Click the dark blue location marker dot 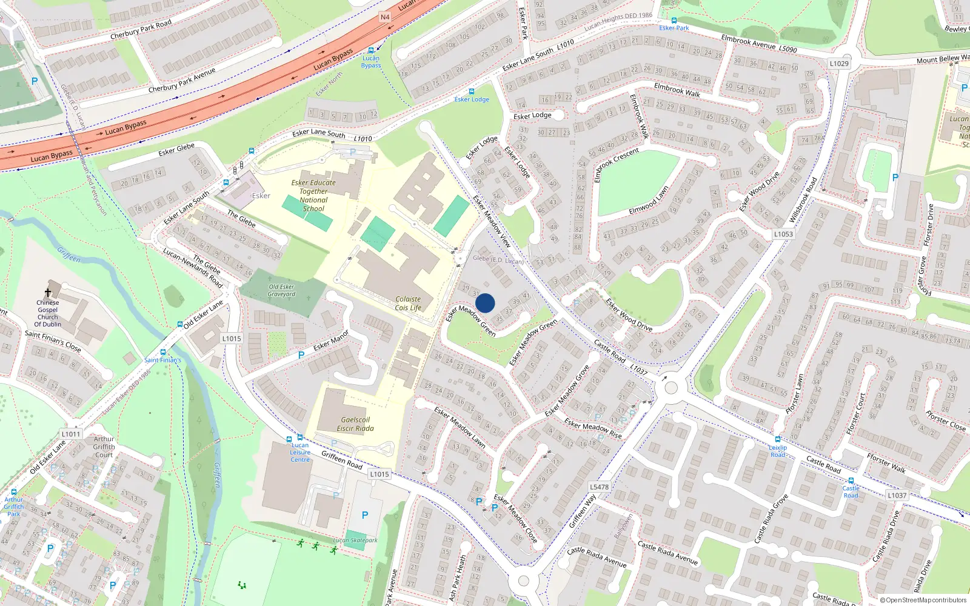(485, 303)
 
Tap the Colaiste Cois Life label (408, 304)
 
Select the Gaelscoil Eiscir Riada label (355, 424)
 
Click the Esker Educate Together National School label (313, 195)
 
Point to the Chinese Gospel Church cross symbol (48, 293)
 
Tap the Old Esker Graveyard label (281, 291)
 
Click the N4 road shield (385, 17)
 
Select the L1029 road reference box (839, 64)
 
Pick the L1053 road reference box (783, 234)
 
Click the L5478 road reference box (599, 487)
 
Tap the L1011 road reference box (71, 434)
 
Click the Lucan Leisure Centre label (299, 452)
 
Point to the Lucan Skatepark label (355, 540)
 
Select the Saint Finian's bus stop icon (163, 352)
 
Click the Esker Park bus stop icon (674, 21)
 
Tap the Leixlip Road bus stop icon (778, 439)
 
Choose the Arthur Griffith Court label (104, 447)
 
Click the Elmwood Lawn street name (649, 201)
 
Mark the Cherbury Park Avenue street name (182, 81)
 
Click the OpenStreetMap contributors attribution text (923, 600)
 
